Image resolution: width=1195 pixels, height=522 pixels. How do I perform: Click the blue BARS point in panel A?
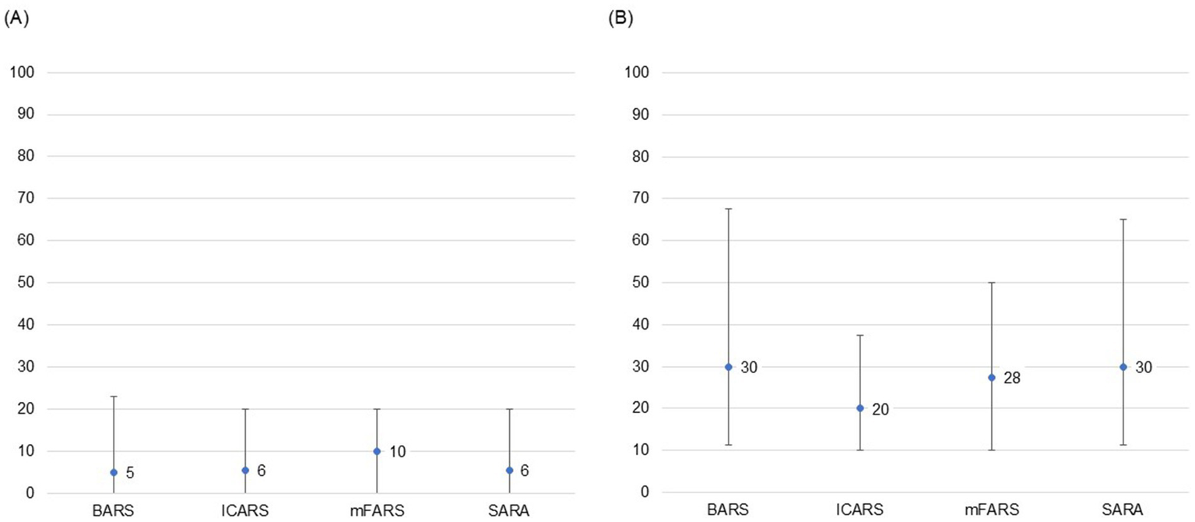click(114, 472)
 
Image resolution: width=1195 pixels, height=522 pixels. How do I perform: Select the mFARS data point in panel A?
click(377, 451)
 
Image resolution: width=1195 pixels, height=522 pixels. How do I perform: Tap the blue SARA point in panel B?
click(1123, 366)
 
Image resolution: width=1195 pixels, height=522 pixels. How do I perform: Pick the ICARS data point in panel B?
click(860, 408)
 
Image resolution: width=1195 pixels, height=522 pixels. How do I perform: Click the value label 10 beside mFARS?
click(397, 452)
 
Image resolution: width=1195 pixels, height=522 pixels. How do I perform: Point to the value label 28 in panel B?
click(1011, 379)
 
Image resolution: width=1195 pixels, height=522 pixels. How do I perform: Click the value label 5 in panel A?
click(130, 473)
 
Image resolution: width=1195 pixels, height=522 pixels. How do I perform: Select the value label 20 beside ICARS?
click(880, 410)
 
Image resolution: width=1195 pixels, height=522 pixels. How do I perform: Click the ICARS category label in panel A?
click(245, 510)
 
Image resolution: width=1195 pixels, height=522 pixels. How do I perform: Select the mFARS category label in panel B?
click(991, 510)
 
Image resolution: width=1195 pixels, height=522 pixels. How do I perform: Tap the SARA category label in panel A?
click(509, 510)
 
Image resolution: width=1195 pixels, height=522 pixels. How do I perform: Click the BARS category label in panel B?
click(729, 510)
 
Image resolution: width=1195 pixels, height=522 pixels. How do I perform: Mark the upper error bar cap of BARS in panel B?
click(729, 209)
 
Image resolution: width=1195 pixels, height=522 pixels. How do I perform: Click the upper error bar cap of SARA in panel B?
click(1123, 220)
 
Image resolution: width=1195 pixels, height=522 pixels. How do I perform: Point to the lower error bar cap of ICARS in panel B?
click(860, 450)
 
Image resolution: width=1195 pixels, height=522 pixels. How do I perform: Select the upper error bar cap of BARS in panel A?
click(114, 397)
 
